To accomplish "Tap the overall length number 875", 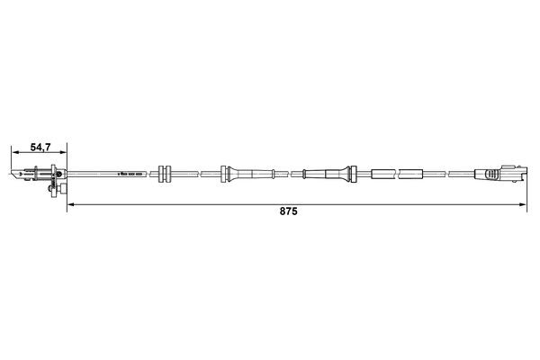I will pos(288,214).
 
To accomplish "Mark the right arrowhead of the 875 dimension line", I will pos(524,206).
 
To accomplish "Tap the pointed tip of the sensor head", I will pos(11,172).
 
